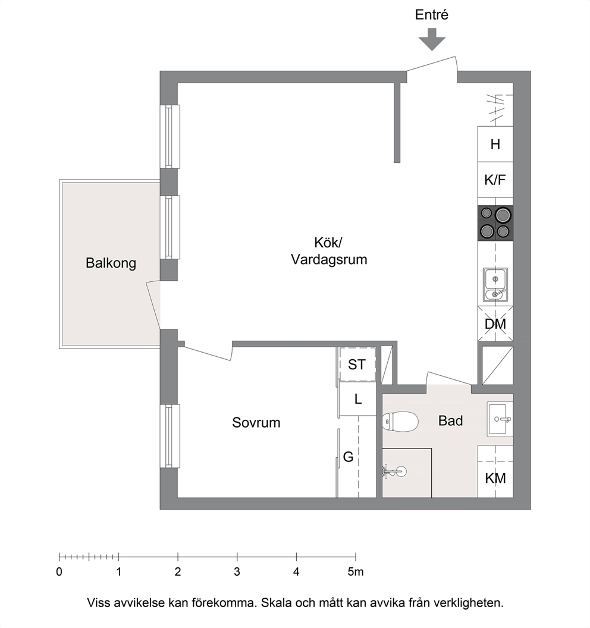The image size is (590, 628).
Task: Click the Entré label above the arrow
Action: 431,15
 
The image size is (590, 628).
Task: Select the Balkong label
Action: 111,263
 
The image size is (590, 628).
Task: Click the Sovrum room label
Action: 256,423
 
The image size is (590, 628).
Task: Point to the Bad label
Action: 451,420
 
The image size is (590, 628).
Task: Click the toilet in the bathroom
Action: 400,422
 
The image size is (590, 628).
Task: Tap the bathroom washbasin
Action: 500,419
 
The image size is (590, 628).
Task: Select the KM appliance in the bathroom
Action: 495,472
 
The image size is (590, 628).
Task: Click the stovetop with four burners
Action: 495,223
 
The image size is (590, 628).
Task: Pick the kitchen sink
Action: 495,285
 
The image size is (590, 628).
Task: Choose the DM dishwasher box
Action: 495,324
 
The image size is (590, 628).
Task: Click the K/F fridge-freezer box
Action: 495,180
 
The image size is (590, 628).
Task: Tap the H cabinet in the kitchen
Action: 495,144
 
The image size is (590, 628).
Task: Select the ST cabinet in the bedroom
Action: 357,364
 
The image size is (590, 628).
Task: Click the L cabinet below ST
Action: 357,399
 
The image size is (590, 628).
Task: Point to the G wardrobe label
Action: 348,457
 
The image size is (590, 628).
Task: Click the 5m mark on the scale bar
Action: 356,572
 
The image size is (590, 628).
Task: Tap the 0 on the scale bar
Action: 59,572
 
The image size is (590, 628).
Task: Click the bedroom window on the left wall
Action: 170,436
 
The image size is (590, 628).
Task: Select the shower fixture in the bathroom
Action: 394,472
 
